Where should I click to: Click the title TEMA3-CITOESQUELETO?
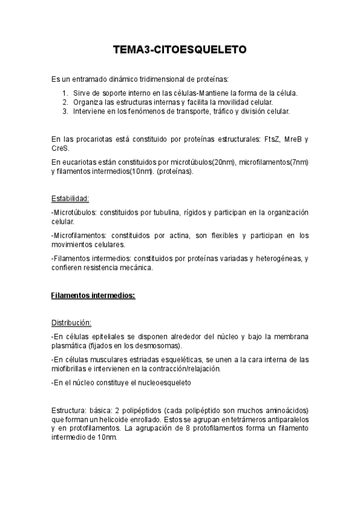[x=180, y=51]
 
